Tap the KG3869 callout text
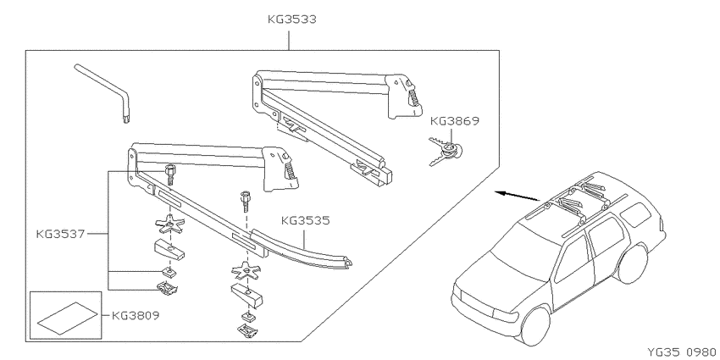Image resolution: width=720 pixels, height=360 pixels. [x=455, y=121]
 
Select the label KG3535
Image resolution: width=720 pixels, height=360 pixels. [x=305, y=221]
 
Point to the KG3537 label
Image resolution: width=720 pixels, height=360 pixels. [x=60, y=234]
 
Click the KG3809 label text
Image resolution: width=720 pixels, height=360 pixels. [x=136, y=316]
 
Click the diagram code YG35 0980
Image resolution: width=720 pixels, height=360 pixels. [x=681, y=352]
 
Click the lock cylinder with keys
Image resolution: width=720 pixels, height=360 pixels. [x=446, y=151]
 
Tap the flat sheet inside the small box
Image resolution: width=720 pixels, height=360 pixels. [x=67, y=317]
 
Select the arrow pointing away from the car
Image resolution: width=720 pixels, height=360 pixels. [x=517, y=197]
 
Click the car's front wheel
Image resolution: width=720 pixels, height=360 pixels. [x=535, y=327]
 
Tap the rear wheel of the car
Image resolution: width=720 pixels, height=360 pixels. [x=634, y=263]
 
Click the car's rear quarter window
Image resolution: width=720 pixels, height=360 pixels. [x=635, y=214]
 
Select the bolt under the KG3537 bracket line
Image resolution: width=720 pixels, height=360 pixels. [x=170, y=174]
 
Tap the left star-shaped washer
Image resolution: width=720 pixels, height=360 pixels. [x=169, y=223]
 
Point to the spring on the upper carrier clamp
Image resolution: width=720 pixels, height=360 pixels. [x=414, y=97]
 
